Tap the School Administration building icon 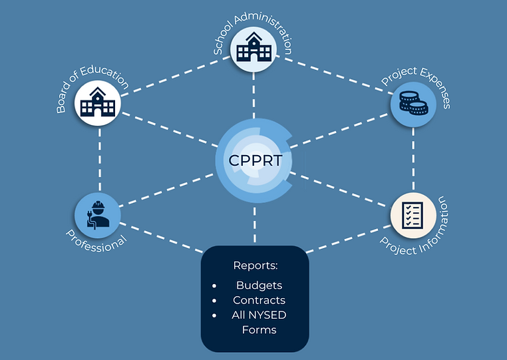point(254,48)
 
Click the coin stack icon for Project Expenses point(413,103)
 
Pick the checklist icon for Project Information point(413,216)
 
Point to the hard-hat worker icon point(98,214)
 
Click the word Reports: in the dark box point(255,266)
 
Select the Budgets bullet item point(259,285)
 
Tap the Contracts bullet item point(259,300)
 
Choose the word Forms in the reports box point(259,329)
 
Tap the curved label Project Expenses point(419,83)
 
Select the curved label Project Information point(419,233)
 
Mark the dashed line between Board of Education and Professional point(99,160)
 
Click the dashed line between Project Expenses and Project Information point(413,160)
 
